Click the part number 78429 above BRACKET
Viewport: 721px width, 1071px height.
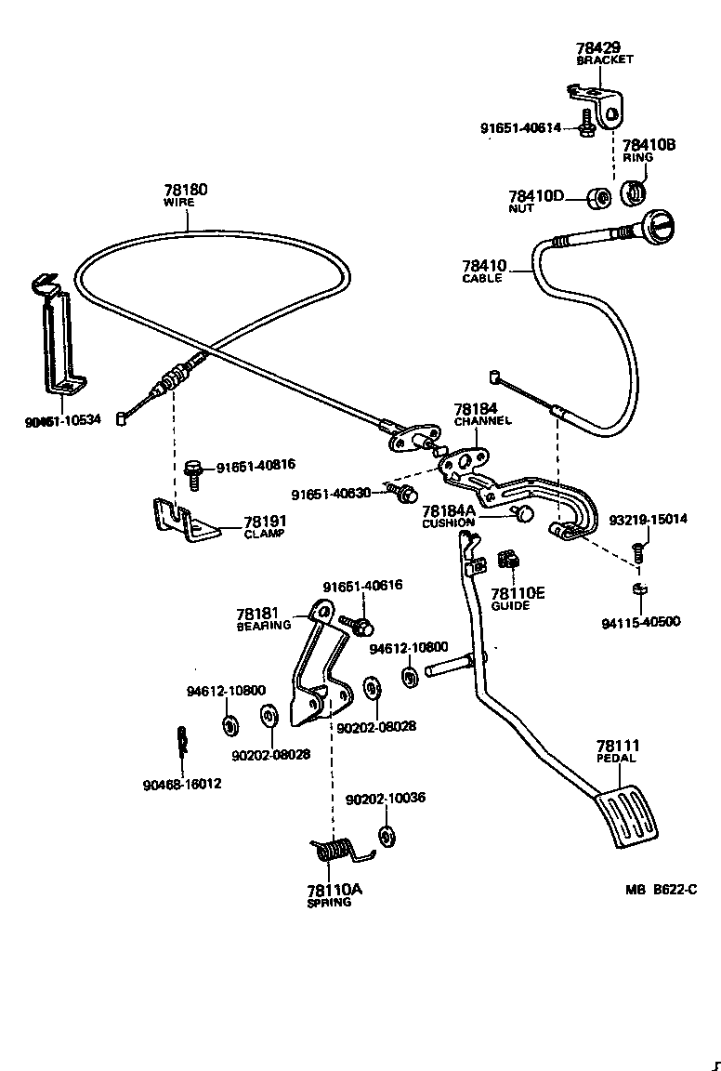coord(603,46)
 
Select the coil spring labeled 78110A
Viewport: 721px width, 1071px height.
coord(335,850)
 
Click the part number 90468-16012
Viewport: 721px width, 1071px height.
coord(182,784)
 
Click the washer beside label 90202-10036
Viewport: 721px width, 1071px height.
coord(387,833)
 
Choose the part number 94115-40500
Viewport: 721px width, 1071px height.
coord(639,622)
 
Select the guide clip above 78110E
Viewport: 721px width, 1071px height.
coord(507,561)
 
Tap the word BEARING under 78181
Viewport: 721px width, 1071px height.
coord(264,626)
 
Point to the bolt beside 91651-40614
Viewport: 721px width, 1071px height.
coord(586,126)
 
